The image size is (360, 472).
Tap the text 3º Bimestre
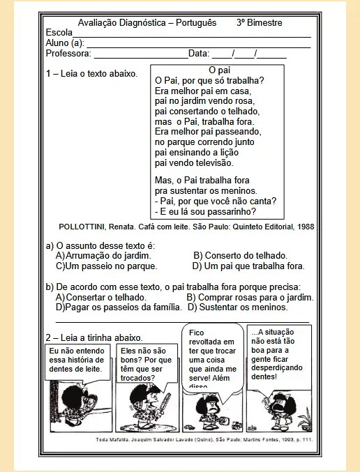(260, 22)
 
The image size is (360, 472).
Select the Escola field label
(59, 33)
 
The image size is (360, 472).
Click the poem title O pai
(220, 70)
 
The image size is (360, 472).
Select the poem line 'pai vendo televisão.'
(193, 162)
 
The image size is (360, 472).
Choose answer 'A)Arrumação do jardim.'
(103, 256)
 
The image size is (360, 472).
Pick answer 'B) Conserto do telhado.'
(240, 256)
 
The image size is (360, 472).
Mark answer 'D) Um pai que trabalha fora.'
(248, 266)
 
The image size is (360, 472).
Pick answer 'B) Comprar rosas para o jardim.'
(250, 297)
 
